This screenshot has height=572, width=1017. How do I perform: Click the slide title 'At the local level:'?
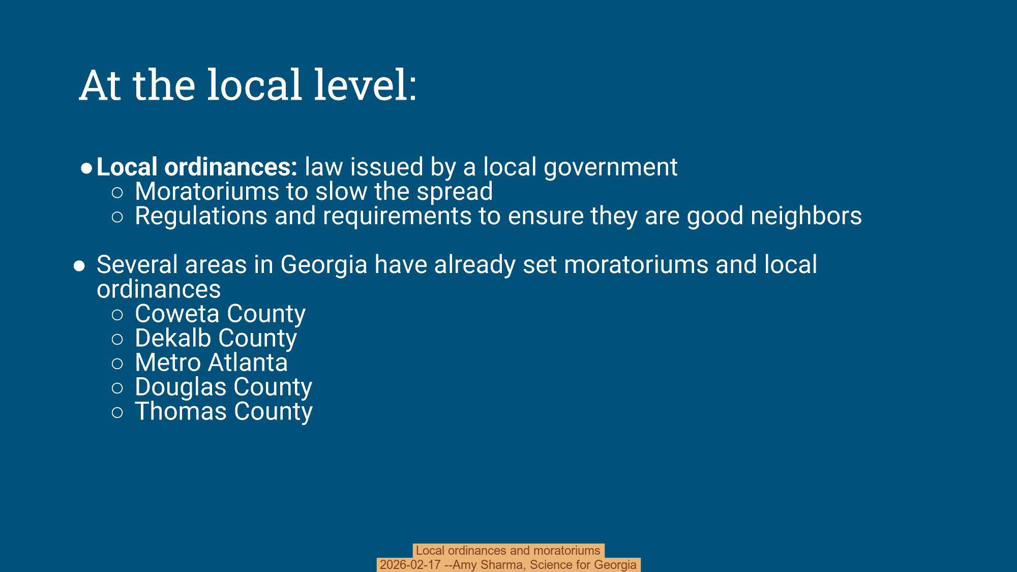tap(248, 85)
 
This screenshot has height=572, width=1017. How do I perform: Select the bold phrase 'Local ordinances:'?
tap(197, 167)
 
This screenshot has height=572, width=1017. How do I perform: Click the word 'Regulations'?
tap(201, 216)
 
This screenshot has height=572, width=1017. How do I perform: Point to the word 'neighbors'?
tap(806, 216)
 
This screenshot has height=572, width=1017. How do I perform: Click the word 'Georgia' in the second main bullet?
tap(323, 265)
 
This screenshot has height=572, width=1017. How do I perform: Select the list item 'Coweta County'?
tap(220, 314)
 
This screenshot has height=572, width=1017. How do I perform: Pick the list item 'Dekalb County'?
tap(216, 338)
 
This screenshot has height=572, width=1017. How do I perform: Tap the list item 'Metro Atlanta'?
tap(211, 363)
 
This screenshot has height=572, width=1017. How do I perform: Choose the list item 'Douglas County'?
tap(223, 387)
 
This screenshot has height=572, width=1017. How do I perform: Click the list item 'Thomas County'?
tap(223, 411)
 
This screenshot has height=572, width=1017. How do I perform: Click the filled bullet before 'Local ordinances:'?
tap(86, 168)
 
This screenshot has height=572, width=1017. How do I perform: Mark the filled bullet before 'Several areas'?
tap(79, 266)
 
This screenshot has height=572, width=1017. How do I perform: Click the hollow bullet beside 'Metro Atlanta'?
tap(117, 364)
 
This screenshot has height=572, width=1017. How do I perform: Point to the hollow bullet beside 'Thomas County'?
tap(117, 412)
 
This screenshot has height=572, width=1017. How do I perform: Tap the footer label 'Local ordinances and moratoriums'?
tap(508, 551)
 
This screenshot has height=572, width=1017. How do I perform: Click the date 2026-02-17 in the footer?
tap(410, 565)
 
